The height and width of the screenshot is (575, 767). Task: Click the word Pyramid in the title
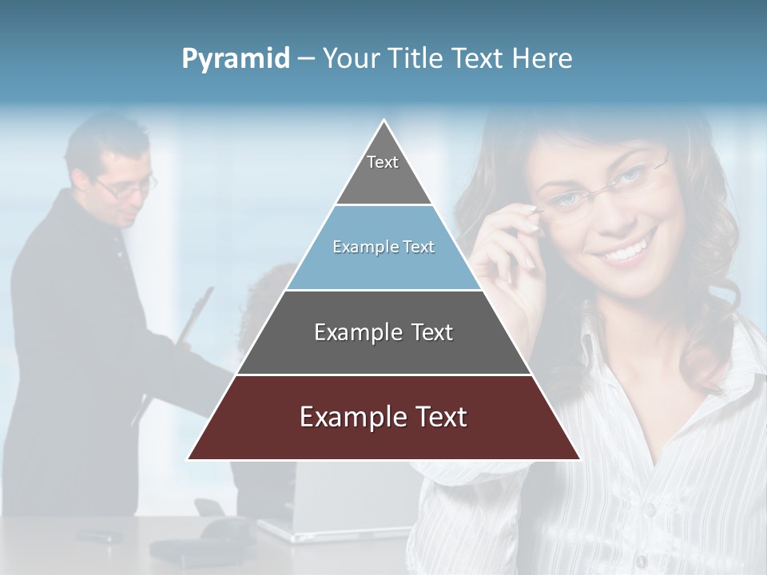[236, 59]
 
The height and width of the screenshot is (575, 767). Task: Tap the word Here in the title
[542, 59]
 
